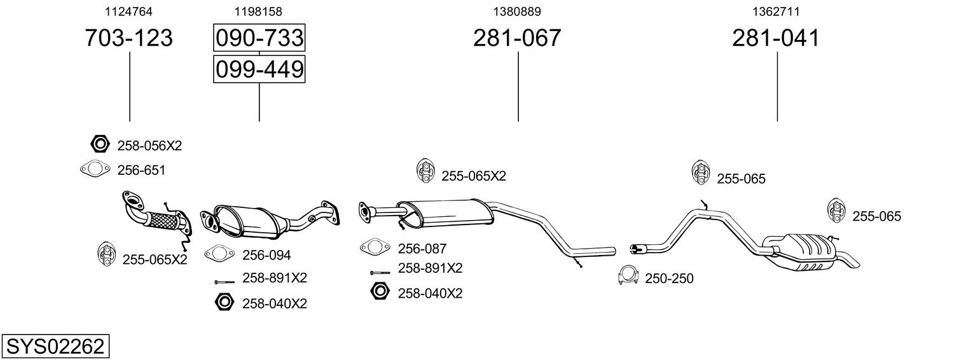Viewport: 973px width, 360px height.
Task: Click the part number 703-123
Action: [128, 38]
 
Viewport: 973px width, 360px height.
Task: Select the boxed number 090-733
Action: [259, 38]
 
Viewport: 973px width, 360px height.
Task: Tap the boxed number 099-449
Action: [259, 69]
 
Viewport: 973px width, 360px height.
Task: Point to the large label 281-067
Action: [517, 38]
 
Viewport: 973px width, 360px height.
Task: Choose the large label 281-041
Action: [776, 38]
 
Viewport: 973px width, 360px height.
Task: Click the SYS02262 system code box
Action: [55, 346]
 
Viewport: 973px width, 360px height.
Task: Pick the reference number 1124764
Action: [128, 11]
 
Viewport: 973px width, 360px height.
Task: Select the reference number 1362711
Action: [776, 11]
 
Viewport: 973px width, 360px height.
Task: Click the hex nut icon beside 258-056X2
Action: [100, 144]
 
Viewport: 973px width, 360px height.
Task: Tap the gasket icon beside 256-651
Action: [95, 169]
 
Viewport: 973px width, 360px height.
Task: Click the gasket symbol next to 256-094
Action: [219, 253]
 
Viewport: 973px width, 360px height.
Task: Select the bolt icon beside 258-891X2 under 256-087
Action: [380, 272]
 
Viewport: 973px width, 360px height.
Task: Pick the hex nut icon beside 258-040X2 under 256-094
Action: [224, 301]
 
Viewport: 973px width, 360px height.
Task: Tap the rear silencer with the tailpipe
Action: [804, 253]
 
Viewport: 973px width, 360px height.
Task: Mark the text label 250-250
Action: [669, 279]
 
